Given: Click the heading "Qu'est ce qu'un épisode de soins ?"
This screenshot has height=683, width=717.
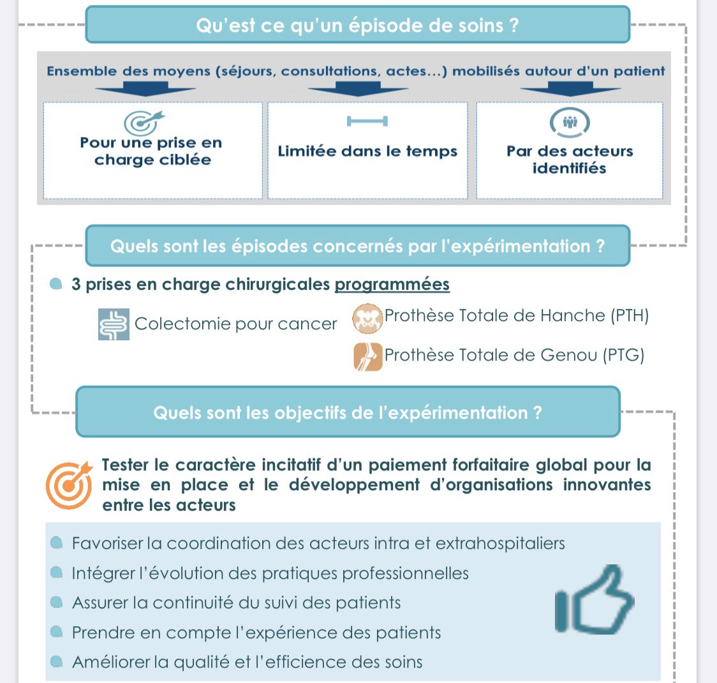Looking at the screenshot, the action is click(x=357, y=26).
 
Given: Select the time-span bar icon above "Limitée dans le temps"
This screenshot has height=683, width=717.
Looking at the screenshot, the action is click(x=367, y=121).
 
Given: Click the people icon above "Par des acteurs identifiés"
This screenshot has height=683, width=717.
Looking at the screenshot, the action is click(x=570, y=121).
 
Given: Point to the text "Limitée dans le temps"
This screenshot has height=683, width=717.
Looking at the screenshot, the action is click(x=367, y=152).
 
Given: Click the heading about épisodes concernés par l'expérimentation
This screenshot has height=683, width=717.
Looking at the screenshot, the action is click(x=357, y=246).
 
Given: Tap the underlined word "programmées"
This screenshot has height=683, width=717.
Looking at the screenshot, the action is click(x=392, y=285).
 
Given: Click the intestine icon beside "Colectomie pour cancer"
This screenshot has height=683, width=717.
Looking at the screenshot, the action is click(x=114, y=324).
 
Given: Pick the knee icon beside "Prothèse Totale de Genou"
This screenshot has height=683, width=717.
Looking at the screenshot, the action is click(x=368, y=357).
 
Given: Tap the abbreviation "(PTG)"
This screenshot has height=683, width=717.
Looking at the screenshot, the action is click(x=624, y=355).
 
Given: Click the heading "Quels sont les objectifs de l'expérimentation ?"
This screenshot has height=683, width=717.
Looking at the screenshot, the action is click(x=348, y=413).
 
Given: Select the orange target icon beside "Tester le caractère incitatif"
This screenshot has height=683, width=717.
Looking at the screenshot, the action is click(x=68, y=484).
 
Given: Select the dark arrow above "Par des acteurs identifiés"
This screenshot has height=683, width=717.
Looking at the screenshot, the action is click(x=570, y=91).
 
